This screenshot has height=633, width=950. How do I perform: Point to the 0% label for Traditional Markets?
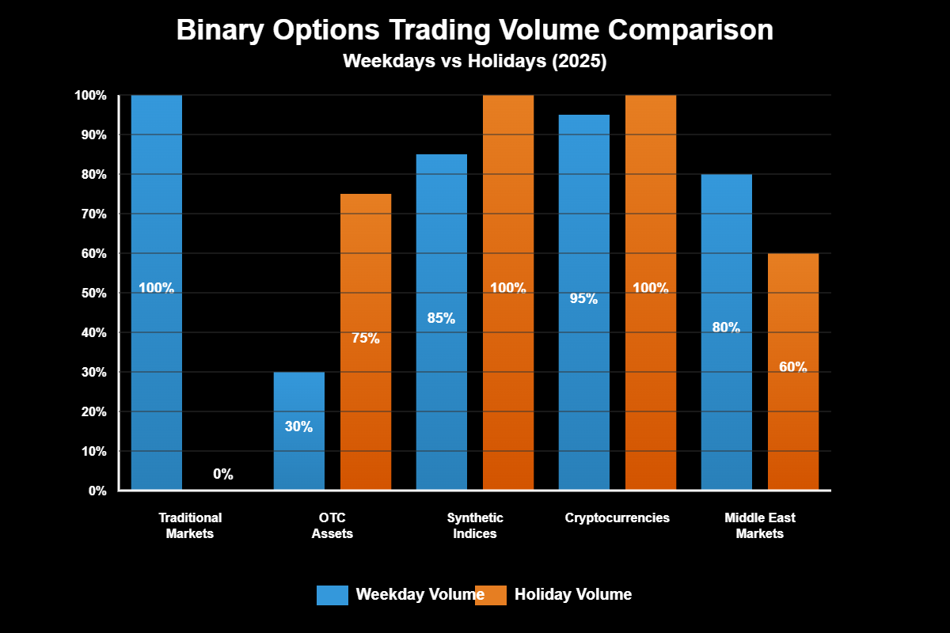pos(223,475)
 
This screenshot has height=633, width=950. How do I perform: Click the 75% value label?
pos(366,339)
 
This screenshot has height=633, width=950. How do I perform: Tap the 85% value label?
pos(442,318)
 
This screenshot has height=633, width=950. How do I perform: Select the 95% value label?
pos(584,299)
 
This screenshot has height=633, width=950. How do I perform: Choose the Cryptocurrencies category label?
pos(617,518)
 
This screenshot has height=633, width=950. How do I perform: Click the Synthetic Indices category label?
pos(475,525)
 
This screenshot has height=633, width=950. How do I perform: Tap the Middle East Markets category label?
pos(760,525)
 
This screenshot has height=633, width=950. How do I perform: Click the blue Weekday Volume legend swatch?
pos(332,595)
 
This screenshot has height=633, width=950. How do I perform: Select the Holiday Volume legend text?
pos(573,594)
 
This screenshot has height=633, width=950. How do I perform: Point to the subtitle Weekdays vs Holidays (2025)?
pos(475,62)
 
